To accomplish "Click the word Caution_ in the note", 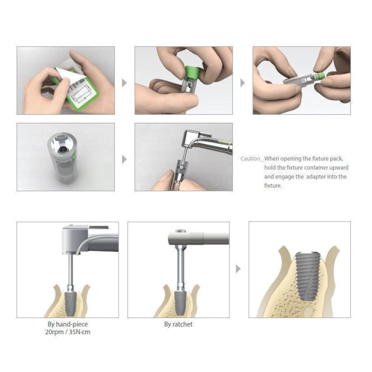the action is (x=251, y=159).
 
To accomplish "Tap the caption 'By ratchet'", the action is (x=178, y=324).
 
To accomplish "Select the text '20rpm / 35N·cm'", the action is (x=67, y=332).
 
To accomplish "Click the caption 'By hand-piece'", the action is (x=67, y=324).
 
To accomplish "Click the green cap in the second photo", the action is (x=192, y=72).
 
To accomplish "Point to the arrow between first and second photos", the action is (x=124, y=83).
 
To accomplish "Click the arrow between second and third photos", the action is (x=242, y=83).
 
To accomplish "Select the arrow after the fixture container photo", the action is (x=124, y=159).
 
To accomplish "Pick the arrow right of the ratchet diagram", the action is (x=238, y=269).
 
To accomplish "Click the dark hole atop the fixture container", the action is (x=63, y=149).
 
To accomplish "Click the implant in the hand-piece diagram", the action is (x=71, y=303).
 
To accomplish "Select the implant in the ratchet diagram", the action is (x=180, y=303).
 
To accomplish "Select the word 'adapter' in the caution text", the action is (x=316, y=177).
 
